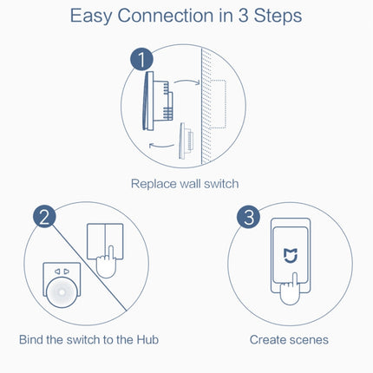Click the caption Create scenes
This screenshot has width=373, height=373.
coord(289,339)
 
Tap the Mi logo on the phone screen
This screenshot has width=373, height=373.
coord(289,256)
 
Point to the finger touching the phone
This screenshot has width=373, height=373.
coord(292,288)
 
